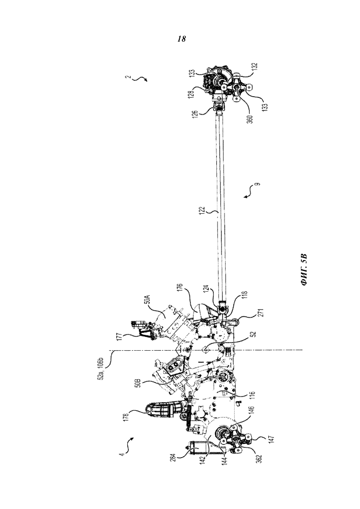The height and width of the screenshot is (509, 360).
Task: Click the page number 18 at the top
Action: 182,39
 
